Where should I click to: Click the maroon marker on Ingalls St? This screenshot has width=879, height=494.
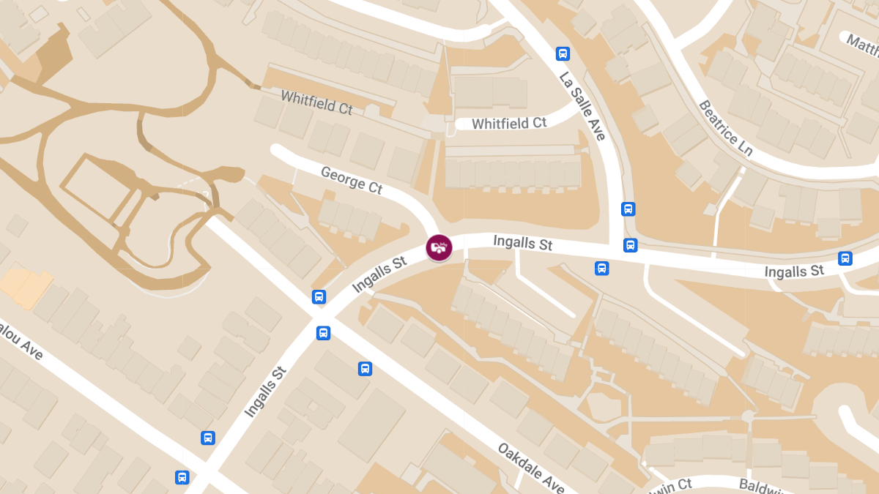439,247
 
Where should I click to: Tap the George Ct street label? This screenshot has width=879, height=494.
352,180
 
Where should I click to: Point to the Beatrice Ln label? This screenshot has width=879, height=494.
725,128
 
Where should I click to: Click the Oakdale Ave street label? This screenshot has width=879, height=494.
531,467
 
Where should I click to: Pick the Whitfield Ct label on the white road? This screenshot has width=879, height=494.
509,124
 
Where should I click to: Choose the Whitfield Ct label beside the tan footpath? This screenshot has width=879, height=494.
316,102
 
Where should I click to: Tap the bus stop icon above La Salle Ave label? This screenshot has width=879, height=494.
563,53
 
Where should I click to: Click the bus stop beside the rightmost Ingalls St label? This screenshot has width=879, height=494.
845,258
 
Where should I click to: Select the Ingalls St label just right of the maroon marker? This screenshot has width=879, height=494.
522,242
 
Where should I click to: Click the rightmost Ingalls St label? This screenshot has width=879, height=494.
794,272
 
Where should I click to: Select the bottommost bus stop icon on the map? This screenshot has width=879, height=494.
182,477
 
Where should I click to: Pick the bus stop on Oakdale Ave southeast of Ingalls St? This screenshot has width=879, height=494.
365,368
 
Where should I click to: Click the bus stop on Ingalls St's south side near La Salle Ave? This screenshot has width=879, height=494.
602,268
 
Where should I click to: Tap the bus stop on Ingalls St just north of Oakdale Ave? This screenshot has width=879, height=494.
319,296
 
